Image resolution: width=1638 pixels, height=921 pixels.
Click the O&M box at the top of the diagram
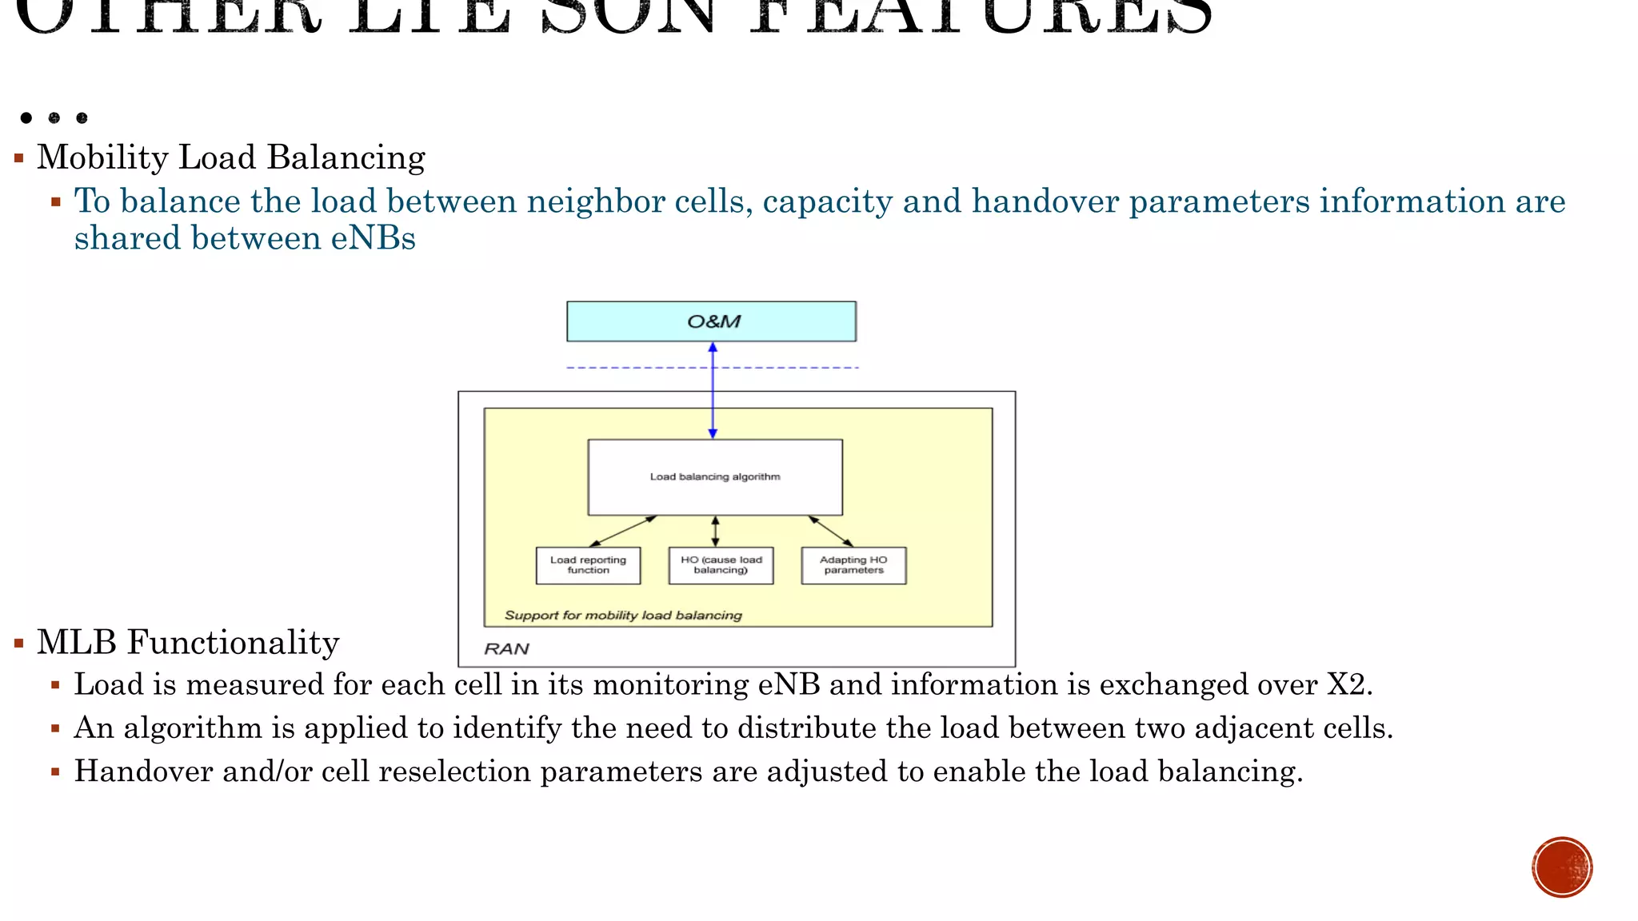coord(711,321)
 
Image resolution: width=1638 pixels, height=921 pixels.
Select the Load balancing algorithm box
coord(714,477)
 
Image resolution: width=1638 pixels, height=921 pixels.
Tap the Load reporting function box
coord(588,565)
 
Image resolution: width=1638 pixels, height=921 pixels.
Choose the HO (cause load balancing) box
coord(721,565)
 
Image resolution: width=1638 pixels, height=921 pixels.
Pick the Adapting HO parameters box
coord(853,565)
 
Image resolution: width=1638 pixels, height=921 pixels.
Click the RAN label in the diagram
coord(506,649)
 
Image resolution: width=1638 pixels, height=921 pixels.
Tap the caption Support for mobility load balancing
coord(623,616)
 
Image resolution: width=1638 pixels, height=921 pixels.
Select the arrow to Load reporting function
coord(622,532)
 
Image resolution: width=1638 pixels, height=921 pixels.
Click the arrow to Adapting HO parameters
coord(831,532)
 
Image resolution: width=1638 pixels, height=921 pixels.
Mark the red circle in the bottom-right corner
coord(1562,867)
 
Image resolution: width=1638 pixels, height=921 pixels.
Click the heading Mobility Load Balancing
coord(231,157)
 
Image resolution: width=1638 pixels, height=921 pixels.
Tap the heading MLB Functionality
coord(188,643)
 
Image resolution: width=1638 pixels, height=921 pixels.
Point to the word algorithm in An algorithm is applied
coord(193,728)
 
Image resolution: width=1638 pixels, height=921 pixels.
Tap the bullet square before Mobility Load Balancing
coord(19,158)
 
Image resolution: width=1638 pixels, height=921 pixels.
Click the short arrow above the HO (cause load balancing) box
coord(715,532)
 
